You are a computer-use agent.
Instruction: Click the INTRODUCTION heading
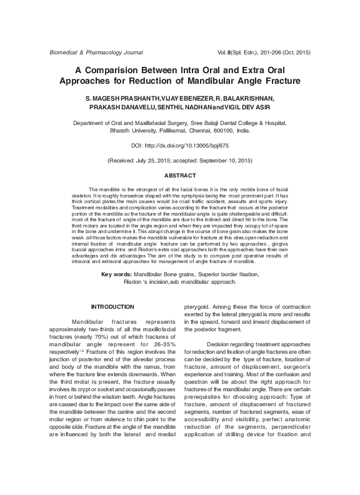click(112, 306)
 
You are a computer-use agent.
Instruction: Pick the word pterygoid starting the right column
click(200, 307)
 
